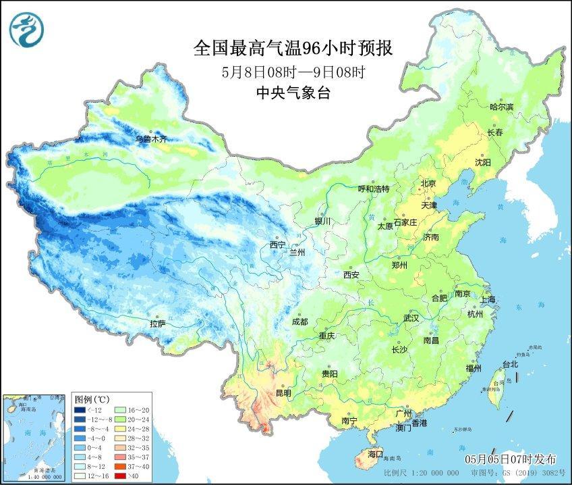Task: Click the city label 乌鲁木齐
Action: (150, 139)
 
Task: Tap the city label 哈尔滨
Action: (501, 107)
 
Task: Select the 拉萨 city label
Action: (158, 324)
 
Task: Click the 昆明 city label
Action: (283, 392)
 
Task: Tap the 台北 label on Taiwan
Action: (510, 364)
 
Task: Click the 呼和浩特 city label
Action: (373, 189)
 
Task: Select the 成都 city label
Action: (301, 322)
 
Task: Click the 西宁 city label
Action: (277, 245)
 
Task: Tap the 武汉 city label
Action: (411, 317)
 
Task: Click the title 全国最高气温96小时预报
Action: (292, 48)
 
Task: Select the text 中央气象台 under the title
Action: (293, 94)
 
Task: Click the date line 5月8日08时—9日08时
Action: (293, 72)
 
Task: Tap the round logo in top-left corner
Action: (26, 29)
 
